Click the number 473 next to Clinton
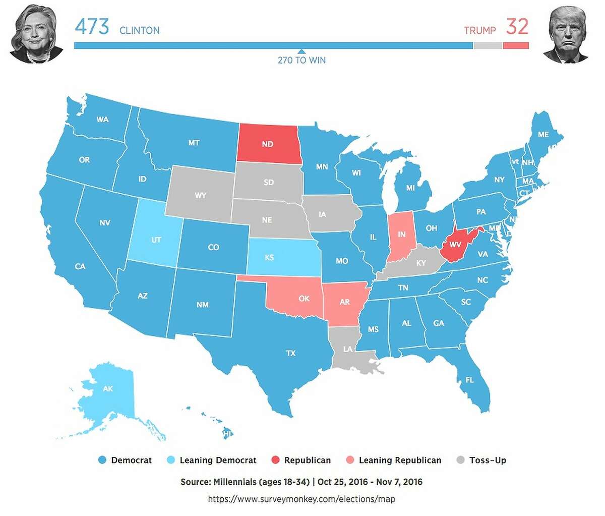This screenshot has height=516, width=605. point(92,27)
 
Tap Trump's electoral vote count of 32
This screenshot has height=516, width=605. point(517,27)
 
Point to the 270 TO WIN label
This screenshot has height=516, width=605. point(301,61)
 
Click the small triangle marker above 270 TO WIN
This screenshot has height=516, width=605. point(301,51)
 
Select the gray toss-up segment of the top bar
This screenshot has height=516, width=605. point(488,45)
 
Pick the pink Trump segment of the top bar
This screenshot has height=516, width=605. point(516,45)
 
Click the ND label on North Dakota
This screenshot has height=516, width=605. point(267,144)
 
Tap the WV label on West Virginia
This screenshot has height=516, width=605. point(455,245)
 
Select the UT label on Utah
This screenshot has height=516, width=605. point(156,240)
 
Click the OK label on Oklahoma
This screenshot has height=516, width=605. point(304,299)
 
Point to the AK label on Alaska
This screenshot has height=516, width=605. point(108,389)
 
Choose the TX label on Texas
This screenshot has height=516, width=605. point(290,353)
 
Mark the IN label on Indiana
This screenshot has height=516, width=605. point(401,235)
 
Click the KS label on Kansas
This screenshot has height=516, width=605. point(269,258)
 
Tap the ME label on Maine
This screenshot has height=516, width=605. point(543,135)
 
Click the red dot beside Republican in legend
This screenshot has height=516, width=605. point(275,460)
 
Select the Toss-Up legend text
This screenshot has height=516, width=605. point(487,460)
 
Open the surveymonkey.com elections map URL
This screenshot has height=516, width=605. point(301,499)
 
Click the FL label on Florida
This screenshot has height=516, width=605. point(469,380)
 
